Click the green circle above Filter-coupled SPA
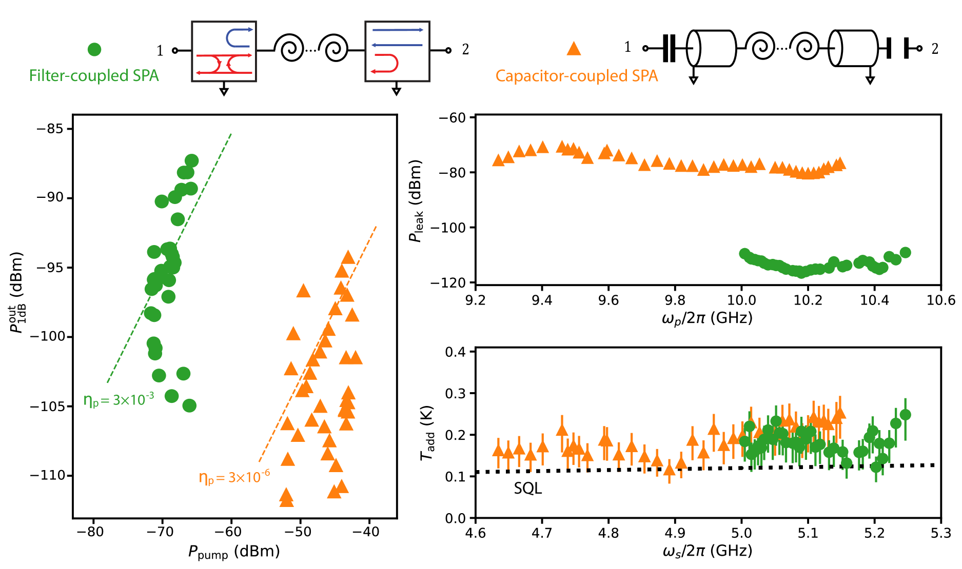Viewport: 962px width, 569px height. [94, 49]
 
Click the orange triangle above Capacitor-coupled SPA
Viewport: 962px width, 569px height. [574, 49]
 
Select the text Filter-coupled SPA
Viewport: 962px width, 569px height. [94, 76]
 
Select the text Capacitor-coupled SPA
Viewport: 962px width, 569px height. [576, 76]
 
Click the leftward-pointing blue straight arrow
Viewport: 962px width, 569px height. [397, 45]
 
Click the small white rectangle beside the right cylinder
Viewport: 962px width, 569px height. [897, 49]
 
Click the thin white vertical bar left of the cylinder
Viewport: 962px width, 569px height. [669, 49]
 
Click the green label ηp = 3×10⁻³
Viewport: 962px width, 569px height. [119, 400]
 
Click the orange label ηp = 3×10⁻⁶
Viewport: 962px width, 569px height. [234, 477]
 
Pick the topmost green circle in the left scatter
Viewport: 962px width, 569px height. [191, 160]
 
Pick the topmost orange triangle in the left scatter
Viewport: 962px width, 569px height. [348, 257]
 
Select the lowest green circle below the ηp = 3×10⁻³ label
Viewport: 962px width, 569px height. [189, 405]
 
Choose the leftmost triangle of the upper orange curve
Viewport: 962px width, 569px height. [498, 160]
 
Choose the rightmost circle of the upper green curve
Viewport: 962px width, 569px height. [905, 252]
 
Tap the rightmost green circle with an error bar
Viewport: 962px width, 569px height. [905, 414]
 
